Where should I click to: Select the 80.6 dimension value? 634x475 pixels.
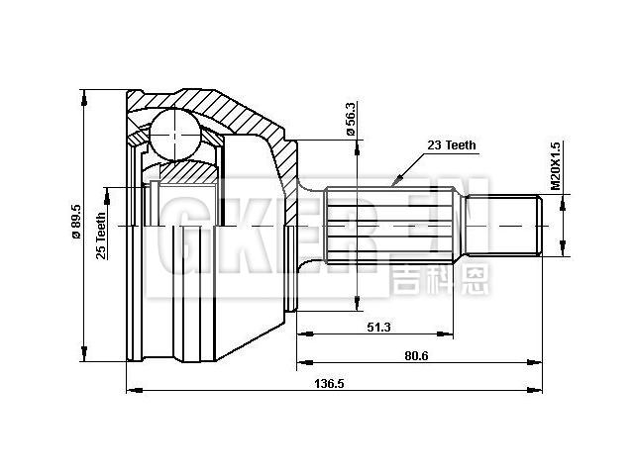click(416, 356)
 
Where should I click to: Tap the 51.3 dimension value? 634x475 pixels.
click(378, 326)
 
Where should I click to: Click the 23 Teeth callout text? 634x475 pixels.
click(451, 144)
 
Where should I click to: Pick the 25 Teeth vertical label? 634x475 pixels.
click(100, 236)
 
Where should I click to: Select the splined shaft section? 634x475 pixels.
click(391, 226)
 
